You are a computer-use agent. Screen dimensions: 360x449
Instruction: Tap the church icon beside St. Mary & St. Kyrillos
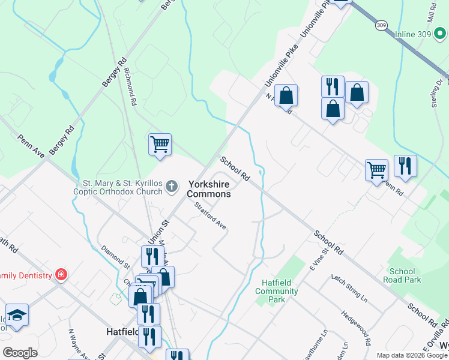pyautogui.click(x=172, y=187)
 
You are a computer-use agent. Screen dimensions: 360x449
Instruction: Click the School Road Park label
pyautogui.click(x=405, y=275)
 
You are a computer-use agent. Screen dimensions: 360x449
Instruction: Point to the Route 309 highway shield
pyautogui.click(x=382, y=25)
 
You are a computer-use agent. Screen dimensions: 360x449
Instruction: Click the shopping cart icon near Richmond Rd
pyautogui.click(x=160, y=145)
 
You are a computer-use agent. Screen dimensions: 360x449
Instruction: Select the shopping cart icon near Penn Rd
pyautogui.click(x=376, y=170)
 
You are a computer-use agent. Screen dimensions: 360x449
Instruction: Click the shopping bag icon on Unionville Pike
pyautogui.click(x=286, y=96)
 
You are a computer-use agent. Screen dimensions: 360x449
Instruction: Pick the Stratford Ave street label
pyautogui.click(x=210, y=216)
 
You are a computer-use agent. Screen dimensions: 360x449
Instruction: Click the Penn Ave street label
pyautogui.click(x=32, y=147)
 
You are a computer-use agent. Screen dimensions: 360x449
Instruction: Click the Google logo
pyautogui.click(x=20, y=353)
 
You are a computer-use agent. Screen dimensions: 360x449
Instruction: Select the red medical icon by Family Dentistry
pyautogui.click(x=61, y=275)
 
